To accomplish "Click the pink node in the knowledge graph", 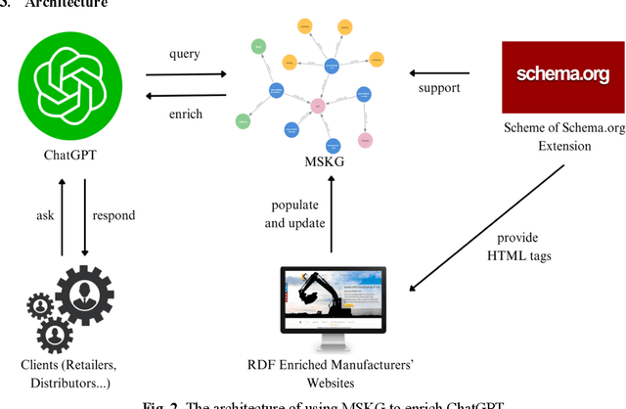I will (x=317, y=106).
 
